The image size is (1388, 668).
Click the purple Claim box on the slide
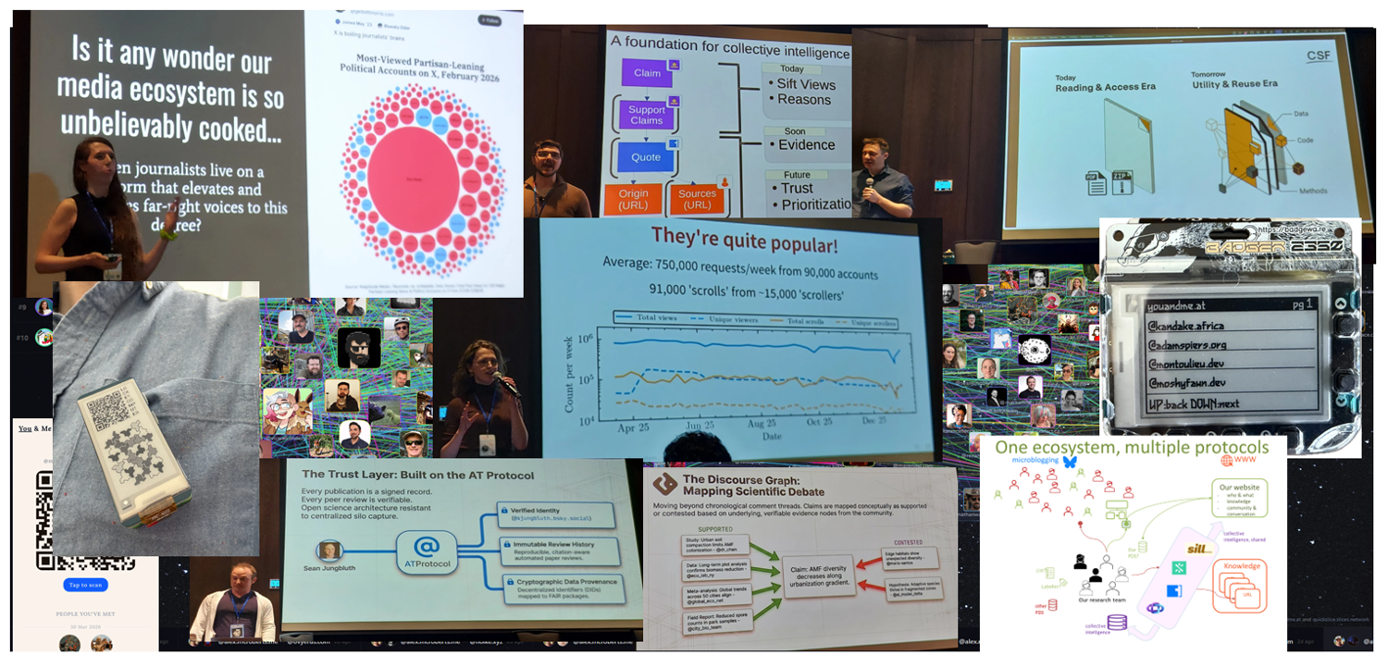[x=647, y=73]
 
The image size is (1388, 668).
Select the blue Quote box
[x=646, y=157]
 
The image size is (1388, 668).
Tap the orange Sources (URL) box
[x=697, y=199]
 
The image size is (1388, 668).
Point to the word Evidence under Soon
[x=806, y=144]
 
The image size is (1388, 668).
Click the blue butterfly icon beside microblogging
[x=1071, y=461]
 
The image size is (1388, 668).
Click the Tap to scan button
[x=85, y=585]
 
